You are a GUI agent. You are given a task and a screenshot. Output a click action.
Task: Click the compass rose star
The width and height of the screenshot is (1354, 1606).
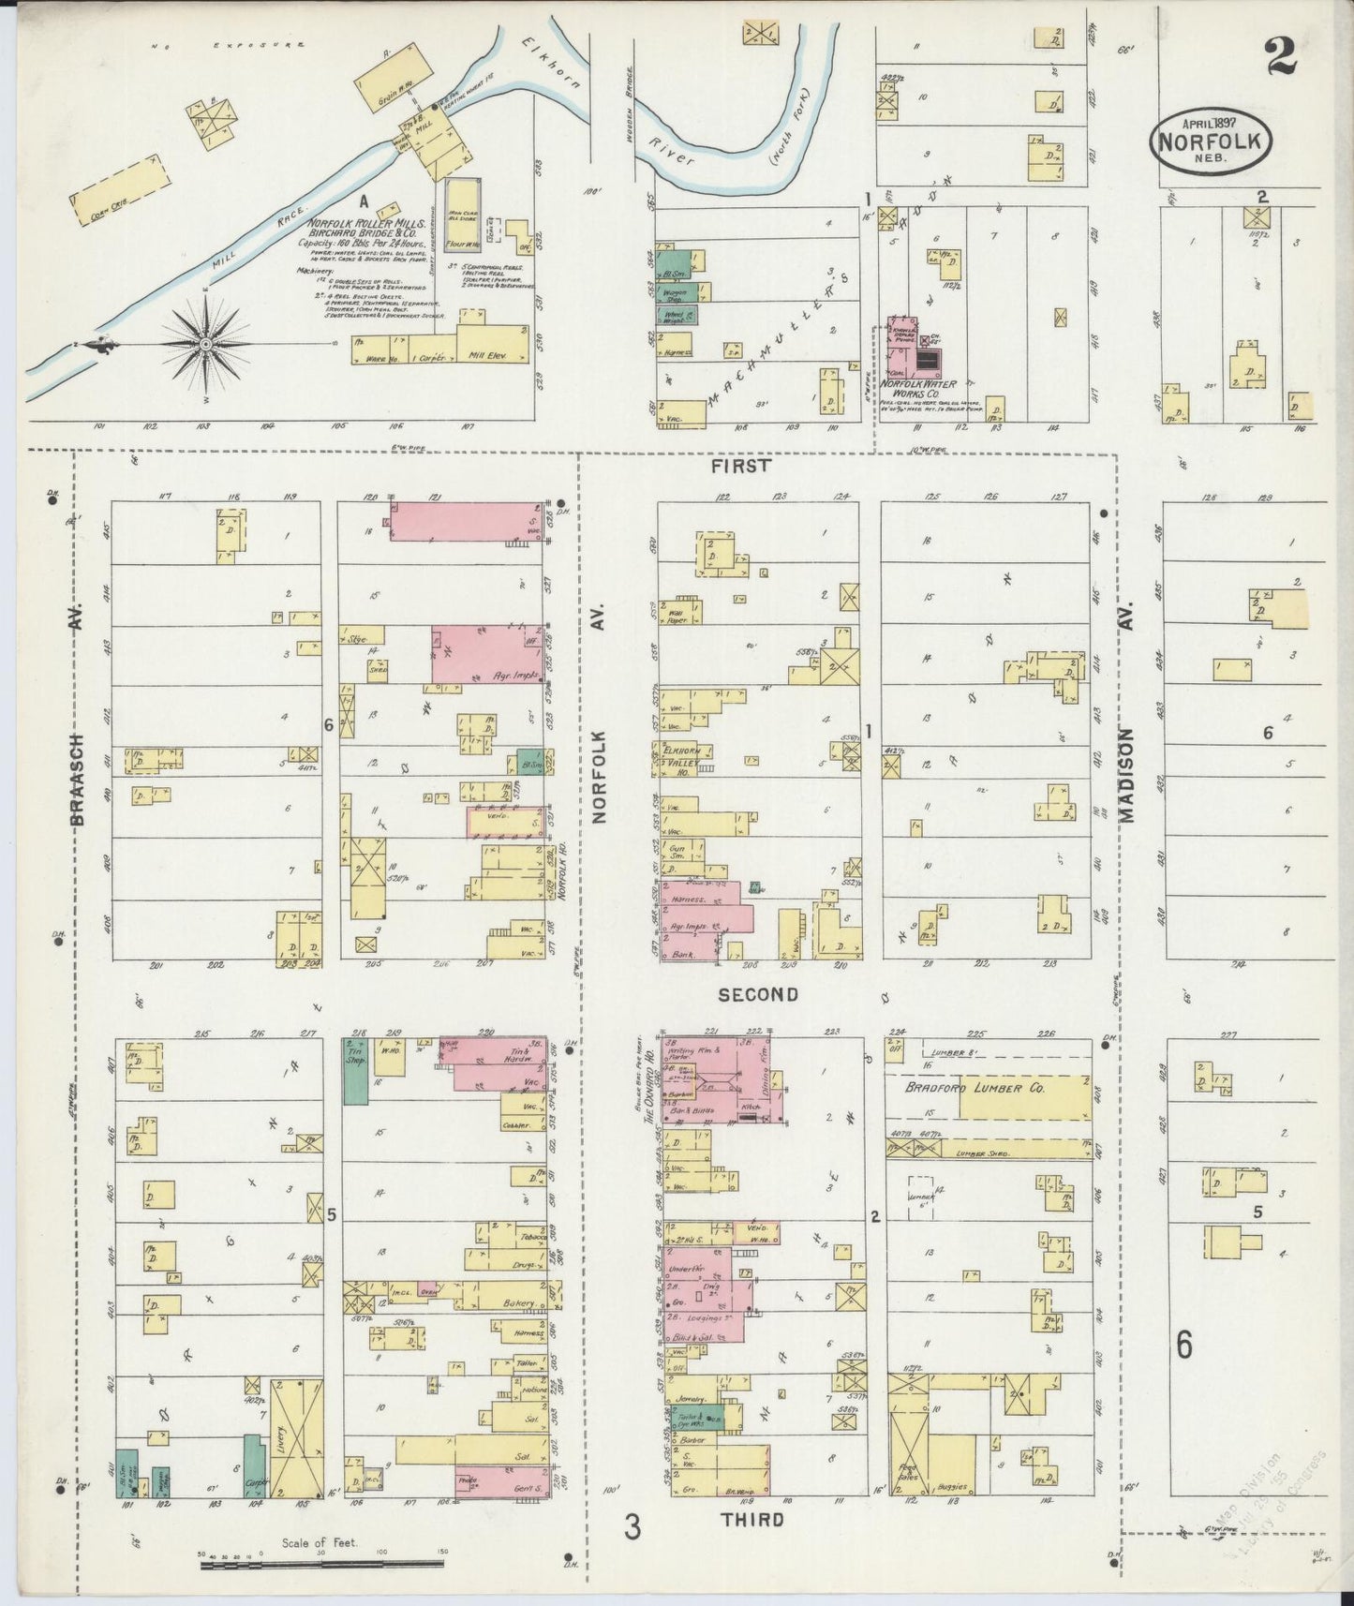[204, 344]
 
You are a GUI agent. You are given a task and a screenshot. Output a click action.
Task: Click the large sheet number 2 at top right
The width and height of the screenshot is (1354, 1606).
[1280, 57]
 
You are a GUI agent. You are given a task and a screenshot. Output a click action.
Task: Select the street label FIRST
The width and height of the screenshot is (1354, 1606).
[740, 466]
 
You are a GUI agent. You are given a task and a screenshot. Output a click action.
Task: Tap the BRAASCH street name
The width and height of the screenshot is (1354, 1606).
[78, 778]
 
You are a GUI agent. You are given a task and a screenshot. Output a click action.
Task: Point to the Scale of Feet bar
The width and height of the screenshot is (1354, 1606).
[321, 1563]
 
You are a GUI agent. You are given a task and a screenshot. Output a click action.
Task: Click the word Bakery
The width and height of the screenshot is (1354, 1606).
[516, 1303]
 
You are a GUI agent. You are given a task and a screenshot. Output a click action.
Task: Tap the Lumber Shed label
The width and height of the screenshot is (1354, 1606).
[983, 1153]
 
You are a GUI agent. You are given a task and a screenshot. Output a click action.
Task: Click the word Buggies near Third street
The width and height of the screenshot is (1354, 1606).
[963, 1487]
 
